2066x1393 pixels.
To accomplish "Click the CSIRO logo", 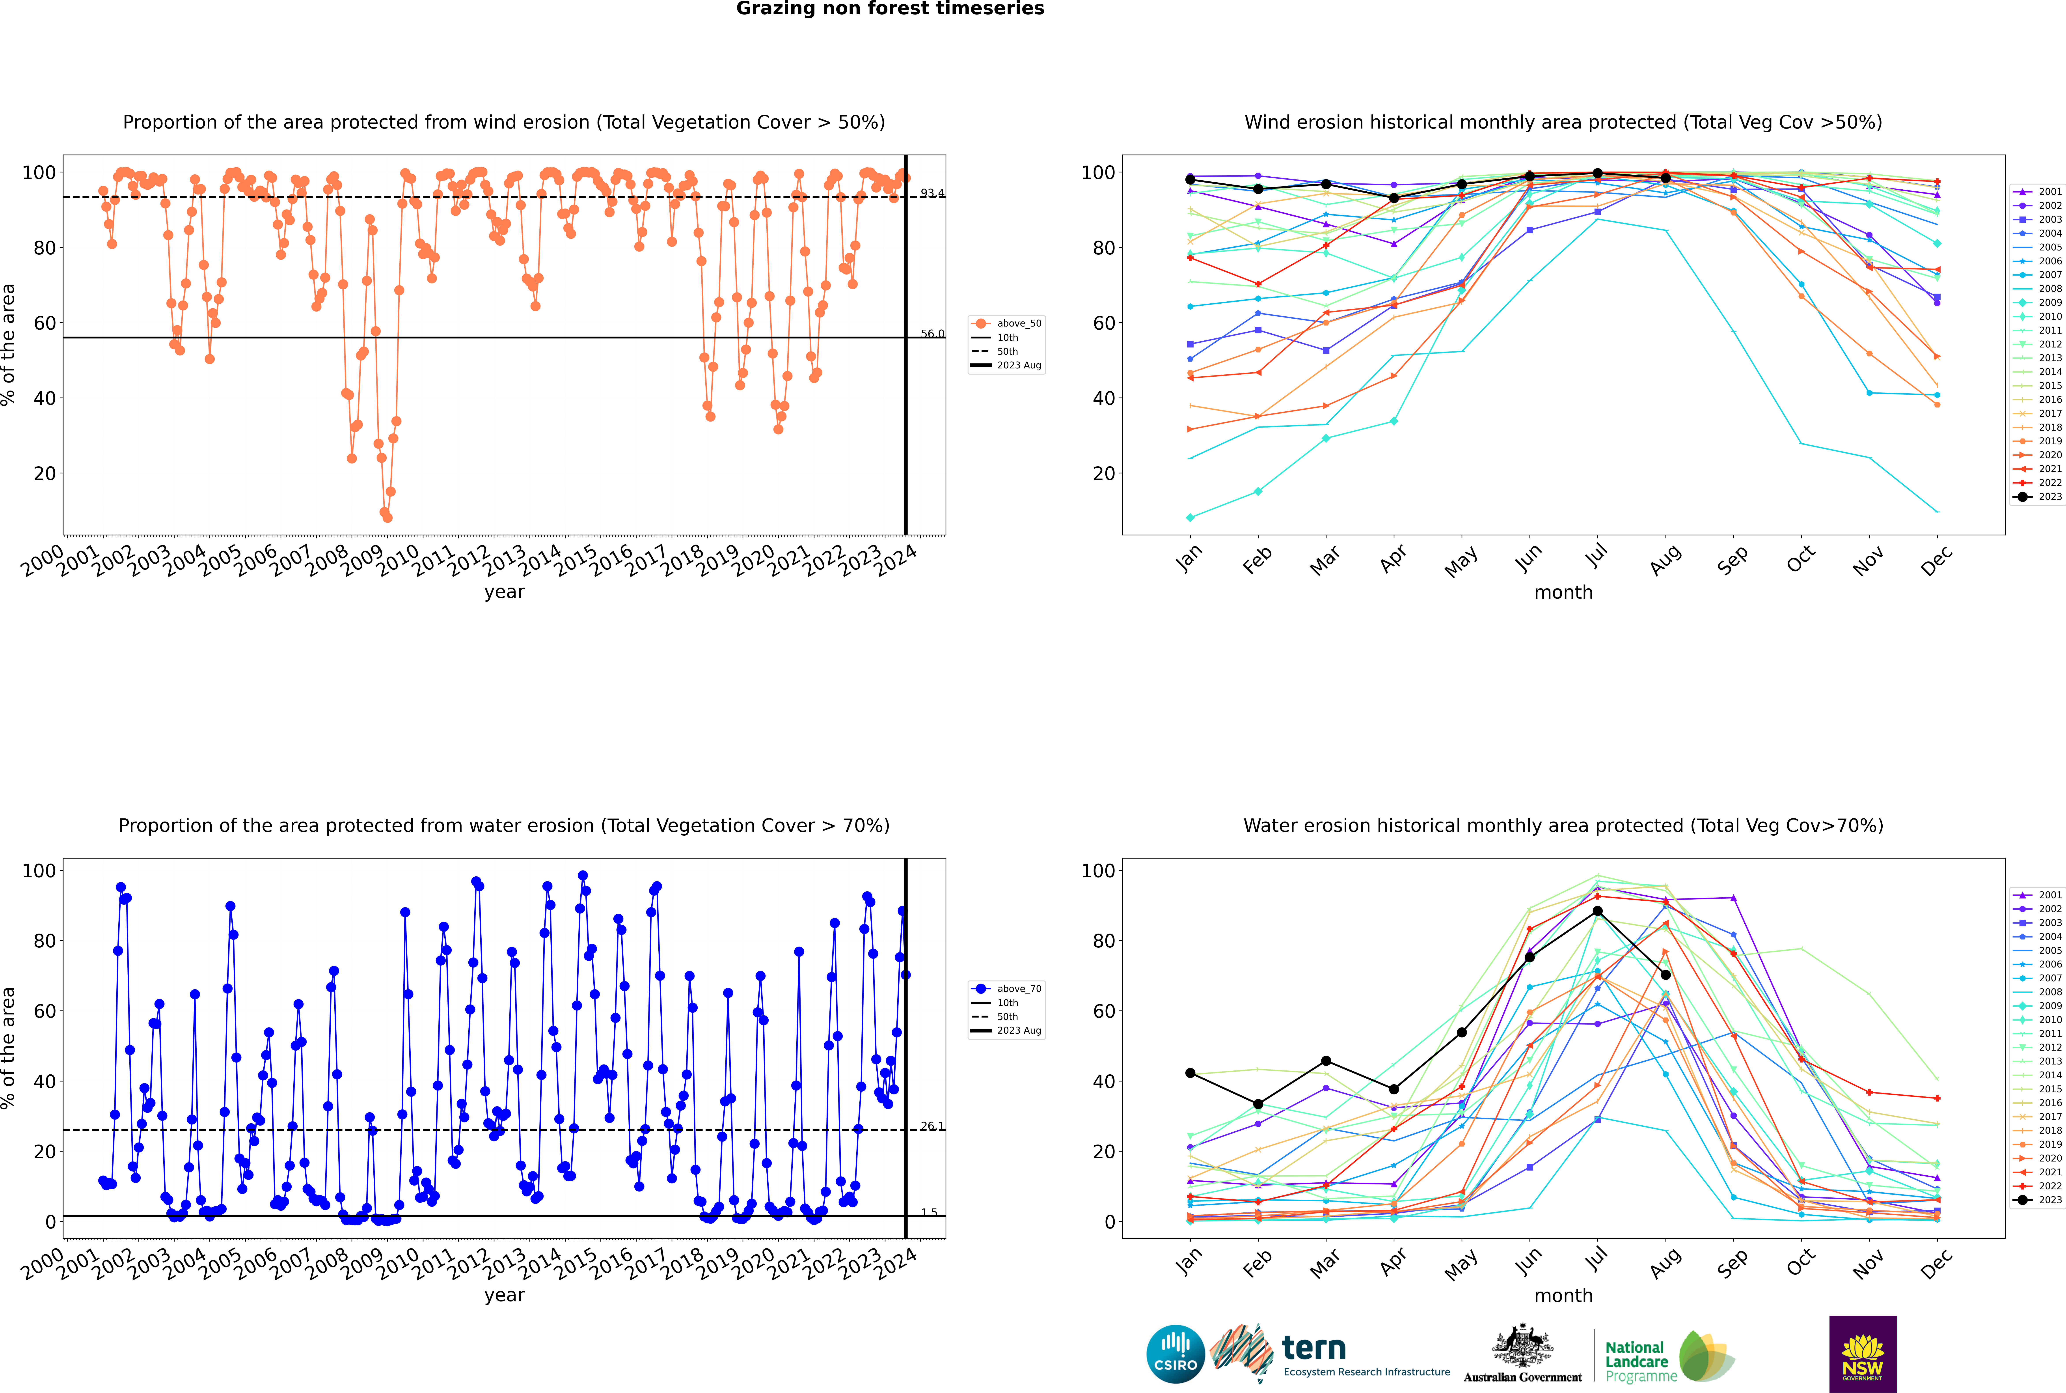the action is [1175, 1354].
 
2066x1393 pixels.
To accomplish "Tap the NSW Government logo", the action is [1863, 1354].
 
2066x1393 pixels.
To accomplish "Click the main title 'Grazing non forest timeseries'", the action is [890, 9].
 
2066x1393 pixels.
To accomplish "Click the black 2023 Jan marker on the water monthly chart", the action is [1190, 1073].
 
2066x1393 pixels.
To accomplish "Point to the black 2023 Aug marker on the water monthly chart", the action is [1665, 975].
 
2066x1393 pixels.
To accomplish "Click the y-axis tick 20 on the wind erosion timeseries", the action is [44, 474].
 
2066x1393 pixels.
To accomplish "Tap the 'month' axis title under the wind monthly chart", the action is [1563, 593].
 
